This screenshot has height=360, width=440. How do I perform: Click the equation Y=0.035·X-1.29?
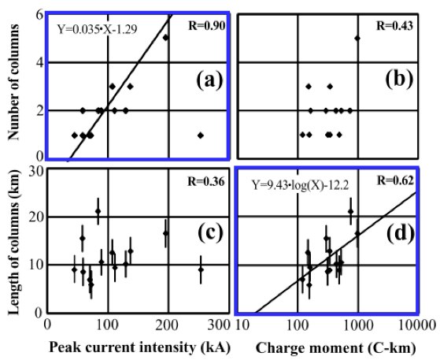(x=97, y=29)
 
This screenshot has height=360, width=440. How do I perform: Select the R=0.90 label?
(x=206, y=26)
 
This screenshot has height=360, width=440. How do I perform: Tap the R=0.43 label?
(x=394, y=26)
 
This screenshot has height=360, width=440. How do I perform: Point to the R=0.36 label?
(x=206, y=182)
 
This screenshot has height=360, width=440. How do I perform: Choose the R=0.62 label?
(x=395, y=180)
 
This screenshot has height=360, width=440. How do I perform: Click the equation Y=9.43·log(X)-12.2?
(x=301, y=185)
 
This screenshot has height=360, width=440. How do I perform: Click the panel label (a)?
(x=210, y=80)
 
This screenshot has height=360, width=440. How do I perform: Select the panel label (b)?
(x=399, y=80)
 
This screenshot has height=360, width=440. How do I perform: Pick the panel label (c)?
(x=210, y=232)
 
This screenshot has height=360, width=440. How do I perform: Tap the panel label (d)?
(x=401, y=232)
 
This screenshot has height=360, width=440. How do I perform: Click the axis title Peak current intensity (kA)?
(x=140, y=347)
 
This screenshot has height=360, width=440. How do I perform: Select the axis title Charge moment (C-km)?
(x=336, y=348)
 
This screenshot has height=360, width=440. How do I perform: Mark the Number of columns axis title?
(x=13, y=82)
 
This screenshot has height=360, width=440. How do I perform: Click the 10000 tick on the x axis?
(x=420, y=326)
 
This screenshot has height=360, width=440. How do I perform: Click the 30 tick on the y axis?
(x=36, y=172)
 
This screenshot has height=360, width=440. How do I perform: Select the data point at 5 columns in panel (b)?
(x=357, y=38)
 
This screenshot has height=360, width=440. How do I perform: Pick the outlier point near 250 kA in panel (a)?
(x=201, y=135)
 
